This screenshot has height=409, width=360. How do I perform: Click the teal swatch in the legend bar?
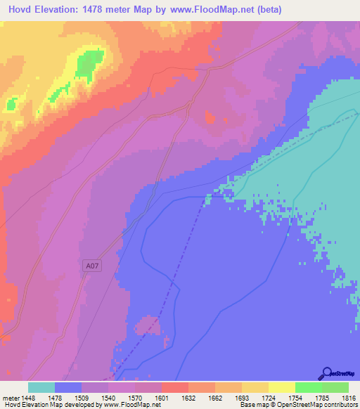pyautogui.click(x=41, y=387)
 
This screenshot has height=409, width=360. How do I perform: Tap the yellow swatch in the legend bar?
pyautogui.click(x=281, y=387)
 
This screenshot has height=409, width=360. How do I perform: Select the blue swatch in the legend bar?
pyautogui.click(x=68, y=387)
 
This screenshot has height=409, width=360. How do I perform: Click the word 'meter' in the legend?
pyautogui.click(x=11, y=397)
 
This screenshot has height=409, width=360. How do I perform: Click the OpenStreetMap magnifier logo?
pyautogui.click(x=326, y=374)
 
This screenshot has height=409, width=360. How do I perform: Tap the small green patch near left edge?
pyautogui.click(x=11, y=104)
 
